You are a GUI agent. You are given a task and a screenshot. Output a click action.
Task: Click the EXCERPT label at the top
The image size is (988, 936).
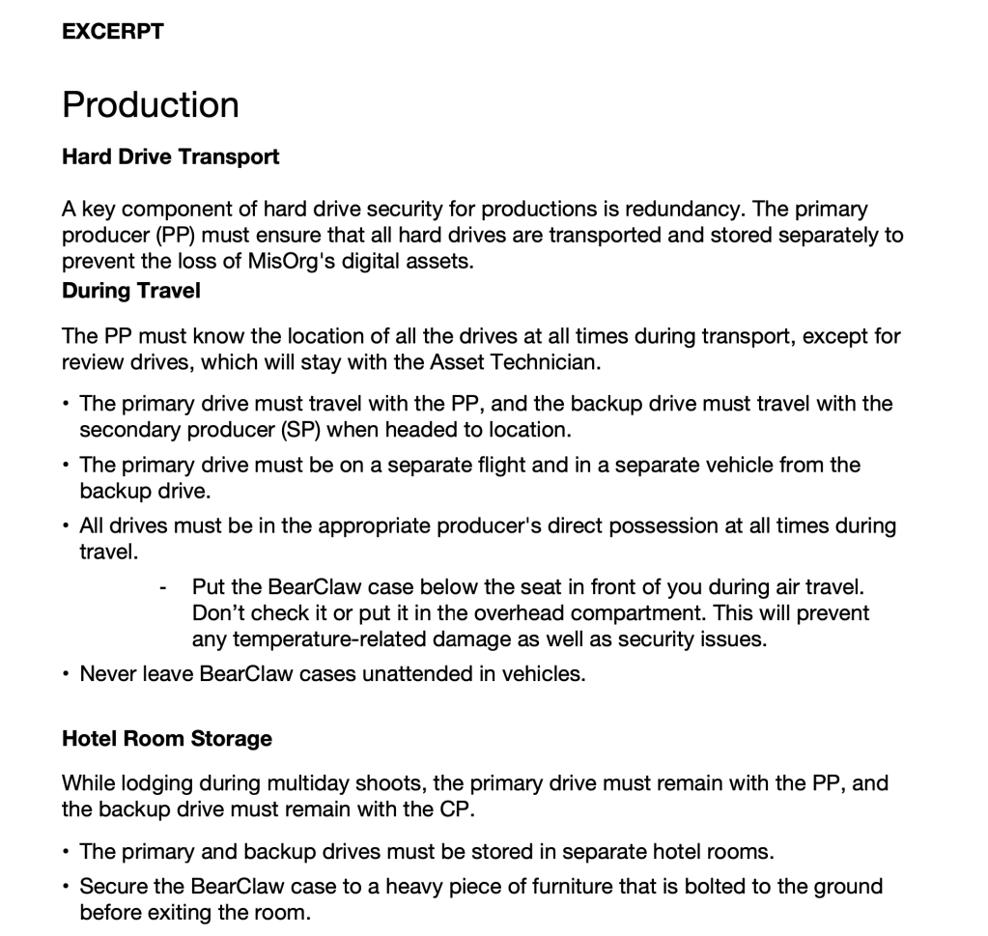pyautogui.click(x=113, y=31)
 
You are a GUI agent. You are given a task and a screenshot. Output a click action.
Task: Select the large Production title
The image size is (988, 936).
pyautogui.click(x=151, y=104)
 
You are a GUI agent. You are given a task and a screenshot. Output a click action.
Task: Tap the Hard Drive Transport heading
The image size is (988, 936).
pyautogui.click(x=170, y=156)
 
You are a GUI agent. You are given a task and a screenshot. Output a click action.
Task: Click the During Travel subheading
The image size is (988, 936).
pyautogui.click(x=131, y=290)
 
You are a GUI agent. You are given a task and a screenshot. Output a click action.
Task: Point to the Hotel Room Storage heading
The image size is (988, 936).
pyautogui.click(x=167, y=739)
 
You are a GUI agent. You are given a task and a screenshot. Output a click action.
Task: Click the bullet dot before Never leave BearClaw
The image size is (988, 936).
pyautogui.click(x=65, y=674)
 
